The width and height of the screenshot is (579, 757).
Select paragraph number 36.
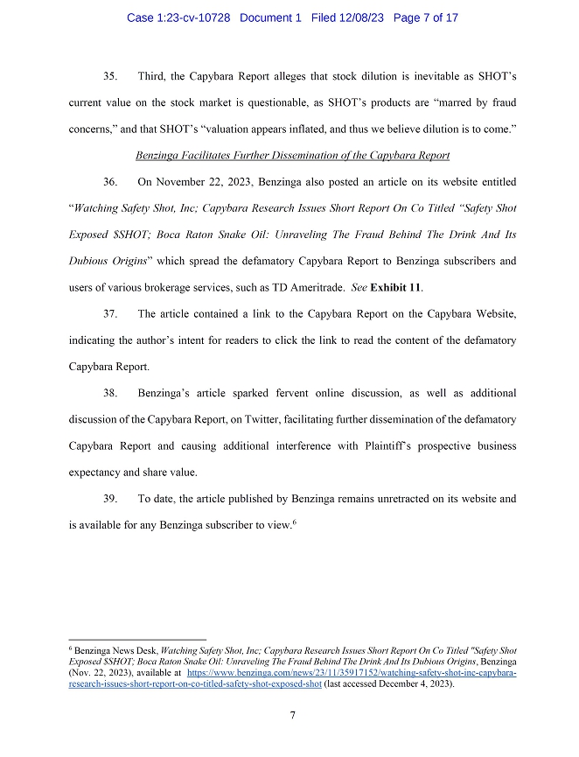point(110,182)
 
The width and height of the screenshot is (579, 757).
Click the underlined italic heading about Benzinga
point(293,156)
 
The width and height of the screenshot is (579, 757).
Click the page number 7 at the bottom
point(293,715)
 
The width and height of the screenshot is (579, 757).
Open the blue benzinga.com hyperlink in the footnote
point(350,675)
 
